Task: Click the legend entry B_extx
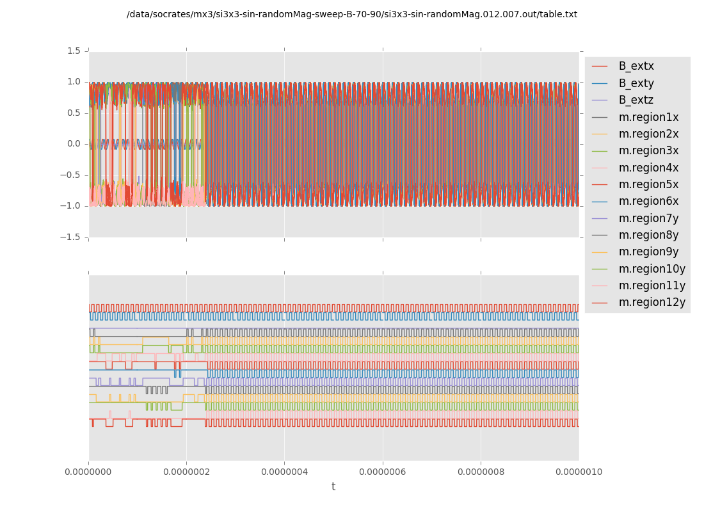point(636,66)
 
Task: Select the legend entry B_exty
point(636,83)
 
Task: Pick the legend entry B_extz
point(636,100)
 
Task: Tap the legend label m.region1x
point(648,117)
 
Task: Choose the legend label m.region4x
point(648,168)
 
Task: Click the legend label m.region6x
point(648,201)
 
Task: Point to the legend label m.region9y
point(648,252)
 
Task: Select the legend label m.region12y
point(652,302)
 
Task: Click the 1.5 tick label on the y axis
point(74,51)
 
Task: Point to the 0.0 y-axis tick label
point(74,143)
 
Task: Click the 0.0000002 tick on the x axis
point(186,472)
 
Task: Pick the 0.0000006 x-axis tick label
point(383,472)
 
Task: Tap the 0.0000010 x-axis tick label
point(579,472)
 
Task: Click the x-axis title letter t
point(333,487)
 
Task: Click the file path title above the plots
point(352,14)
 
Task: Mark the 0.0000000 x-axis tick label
point(88,472)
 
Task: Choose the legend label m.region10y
point(652,268)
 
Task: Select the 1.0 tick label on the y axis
point(74,81)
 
